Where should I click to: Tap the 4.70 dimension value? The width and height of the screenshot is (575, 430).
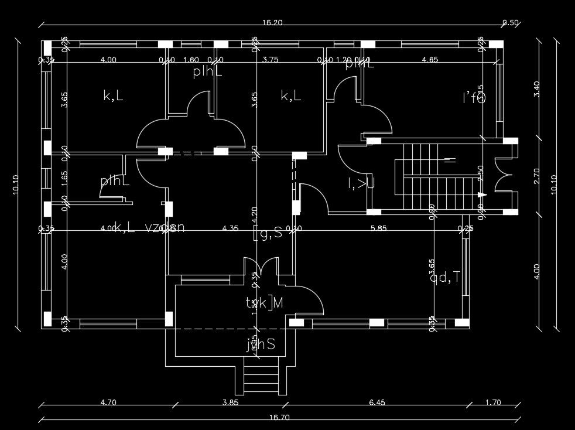click(108, 402)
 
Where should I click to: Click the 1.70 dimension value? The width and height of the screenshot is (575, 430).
click(493, 402)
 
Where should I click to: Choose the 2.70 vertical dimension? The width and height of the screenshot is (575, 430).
click(538, 175)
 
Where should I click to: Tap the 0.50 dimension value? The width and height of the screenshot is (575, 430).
click(511, 23)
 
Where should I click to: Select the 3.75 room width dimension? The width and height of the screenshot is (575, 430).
click(271, 59)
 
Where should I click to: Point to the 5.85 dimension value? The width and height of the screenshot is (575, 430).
click(378, 228)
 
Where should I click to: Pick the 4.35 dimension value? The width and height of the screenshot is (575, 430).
click(231, 228)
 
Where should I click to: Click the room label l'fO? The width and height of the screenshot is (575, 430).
click(474, 98)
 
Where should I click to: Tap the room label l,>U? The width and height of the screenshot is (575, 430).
click(361, 183)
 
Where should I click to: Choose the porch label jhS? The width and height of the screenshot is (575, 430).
click(261, 344)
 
